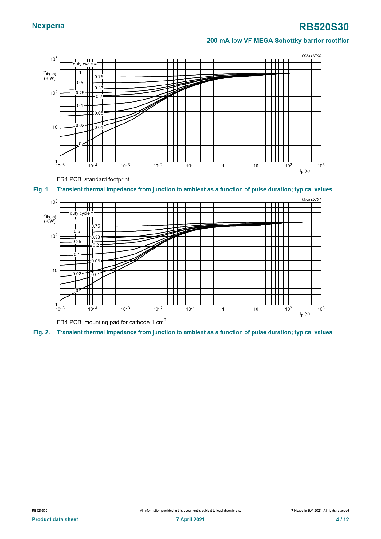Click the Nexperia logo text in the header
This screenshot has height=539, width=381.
[48, 26]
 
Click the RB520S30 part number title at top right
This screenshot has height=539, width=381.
[324, 27]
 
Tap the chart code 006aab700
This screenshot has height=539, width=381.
[311, 56]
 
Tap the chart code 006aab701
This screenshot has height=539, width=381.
[311, 199]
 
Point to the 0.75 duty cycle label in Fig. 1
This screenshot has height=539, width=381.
[99, 77]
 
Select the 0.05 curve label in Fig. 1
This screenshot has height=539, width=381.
[99, 113]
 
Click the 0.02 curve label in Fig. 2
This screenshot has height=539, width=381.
[77, 274]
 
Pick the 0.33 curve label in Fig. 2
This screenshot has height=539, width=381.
[96, 237]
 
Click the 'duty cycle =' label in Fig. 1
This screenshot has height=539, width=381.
[85, 64]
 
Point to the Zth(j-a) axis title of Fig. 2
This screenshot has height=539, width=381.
[49, 217]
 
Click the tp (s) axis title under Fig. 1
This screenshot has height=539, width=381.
[305, 171]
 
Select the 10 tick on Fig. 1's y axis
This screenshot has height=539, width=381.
[55, 127]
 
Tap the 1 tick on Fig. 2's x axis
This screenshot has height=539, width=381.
[223, 309]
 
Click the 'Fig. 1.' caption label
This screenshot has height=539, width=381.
[41, 190]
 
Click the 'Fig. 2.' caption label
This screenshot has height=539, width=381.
[41, 332]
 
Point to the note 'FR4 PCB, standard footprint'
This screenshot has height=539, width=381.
[93, 179]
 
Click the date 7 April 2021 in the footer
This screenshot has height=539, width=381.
[190, 519]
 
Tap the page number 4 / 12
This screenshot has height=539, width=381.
[342, 519]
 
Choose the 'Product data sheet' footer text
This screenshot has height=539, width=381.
[55, 519]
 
